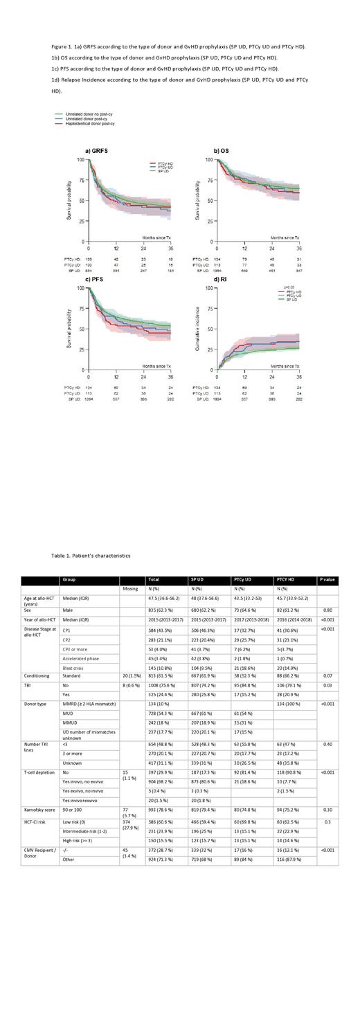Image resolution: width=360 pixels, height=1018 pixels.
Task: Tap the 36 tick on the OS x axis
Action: (x=299, y=248)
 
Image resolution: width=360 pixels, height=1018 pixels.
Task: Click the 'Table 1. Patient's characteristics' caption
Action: (x=90, y=556)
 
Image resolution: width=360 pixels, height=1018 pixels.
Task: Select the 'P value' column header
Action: (x=326, y=580)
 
